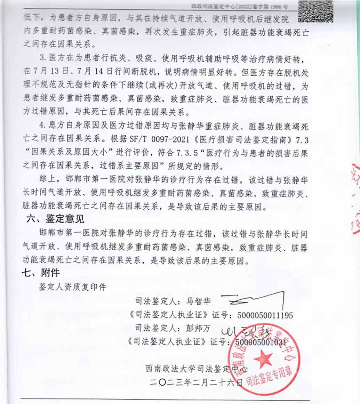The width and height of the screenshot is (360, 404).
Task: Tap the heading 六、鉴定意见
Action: click(x=56, y=219)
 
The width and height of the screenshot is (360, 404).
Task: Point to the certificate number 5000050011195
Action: click(x=265, y=315)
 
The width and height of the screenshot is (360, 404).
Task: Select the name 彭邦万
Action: click(x=199, y=329)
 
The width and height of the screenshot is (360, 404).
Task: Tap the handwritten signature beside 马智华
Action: click(x=252, y=299)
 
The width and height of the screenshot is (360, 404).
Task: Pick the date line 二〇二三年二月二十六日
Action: click(x=196, y=383)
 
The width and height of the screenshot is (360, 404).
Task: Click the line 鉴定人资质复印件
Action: click(x=73, y=287)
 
